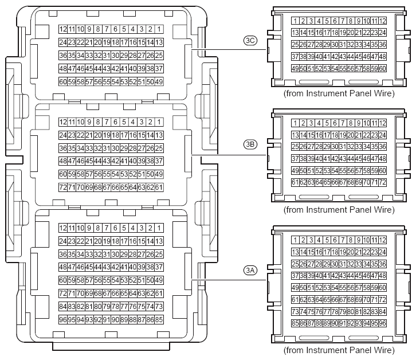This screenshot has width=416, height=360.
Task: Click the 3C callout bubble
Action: tap(250, 40)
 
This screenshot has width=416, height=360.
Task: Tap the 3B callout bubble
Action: tap(250, 144)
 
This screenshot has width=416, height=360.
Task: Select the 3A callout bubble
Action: tap(250, 269)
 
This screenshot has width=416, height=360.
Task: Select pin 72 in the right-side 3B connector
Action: tap(382, 182)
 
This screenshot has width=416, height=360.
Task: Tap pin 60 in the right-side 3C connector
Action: tap(382, 69)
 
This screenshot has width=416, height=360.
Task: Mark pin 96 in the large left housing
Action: tap(63, 319)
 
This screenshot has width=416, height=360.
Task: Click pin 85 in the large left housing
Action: tap(159, 319)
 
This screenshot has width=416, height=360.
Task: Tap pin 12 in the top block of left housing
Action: tap(63, 29)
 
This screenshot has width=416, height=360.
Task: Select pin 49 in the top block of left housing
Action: tap(159, 81)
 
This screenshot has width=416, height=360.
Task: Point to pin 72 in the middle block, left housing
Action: tap(63, 187)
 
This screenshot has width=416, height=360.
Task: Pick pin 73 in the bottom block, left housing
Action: tap(159, 306)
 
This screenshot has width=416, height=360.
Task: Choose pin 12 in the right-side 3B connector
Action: tap(382, 123)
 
